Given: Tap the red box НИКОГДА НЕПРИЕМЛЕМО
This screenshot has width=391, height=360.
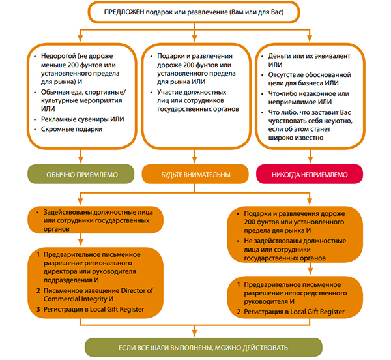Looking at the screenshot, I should (310, 174).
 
